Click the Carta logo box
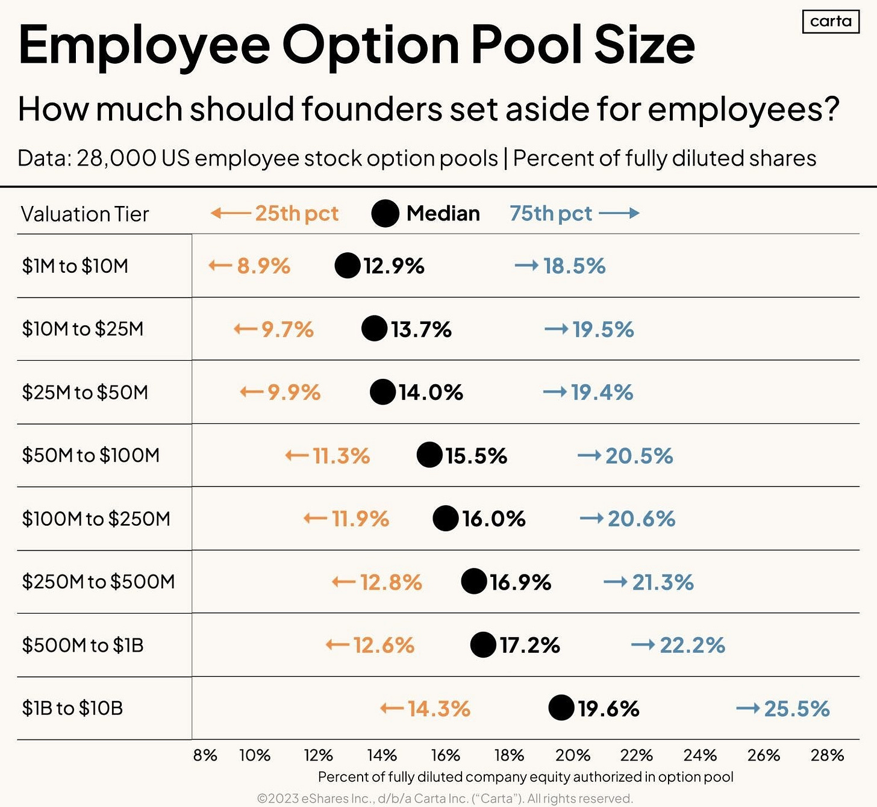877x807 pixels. tap(831, 22)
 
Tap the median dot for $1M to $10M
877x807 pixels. tap(348, 266)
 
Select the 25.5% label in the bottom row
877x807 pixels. tap(796, 709)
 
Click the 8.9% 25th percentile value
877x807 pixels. tap(263, 266)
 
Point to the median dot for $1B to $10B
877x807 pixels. tap(561, 708)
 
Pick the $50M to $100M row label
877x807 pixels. tap(91, 455)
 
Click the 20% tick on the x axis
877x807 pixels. tap(572, 755)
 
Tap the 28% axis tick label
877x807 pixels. tap(827, 755)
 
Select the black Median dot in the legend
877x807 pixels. tap(385, 213)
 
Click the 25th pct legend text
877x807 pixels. tap(296, 213)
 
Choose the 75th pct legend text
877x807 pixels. tap(551, 213)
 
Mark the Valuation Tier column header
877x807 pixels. tap(85, 214)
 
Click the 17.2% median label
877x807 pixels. tap(529, 646)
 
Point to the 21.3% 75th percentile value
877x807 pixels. tap(663, 582)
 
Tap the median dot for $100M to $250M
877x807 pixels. tap(446, 519)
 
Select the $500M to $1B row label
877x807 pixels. tap(83, 646)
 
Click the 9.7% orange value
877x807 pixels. tap(287, 329)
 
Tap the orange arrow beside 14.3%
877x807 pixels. tap(392, 709)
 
